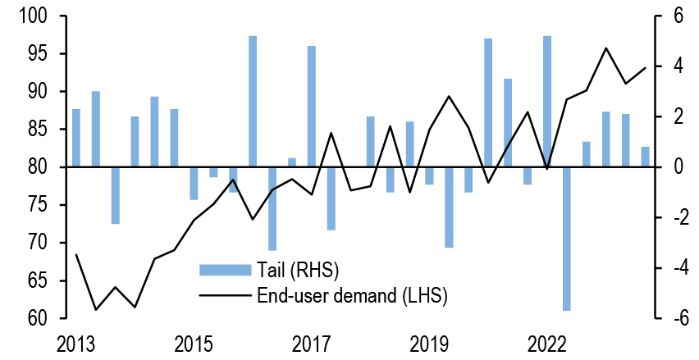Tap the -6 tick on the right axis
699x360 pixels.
point(672,318)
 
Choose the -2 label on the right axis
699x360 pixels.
point(672,218)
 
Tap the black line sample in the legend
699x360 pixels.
point(224,295)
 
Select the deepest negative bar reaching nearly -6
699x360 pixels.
point(567,238)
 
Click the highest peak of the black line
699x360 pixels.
point(606,48)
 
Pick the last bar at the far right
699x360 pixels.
point(645,157)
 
